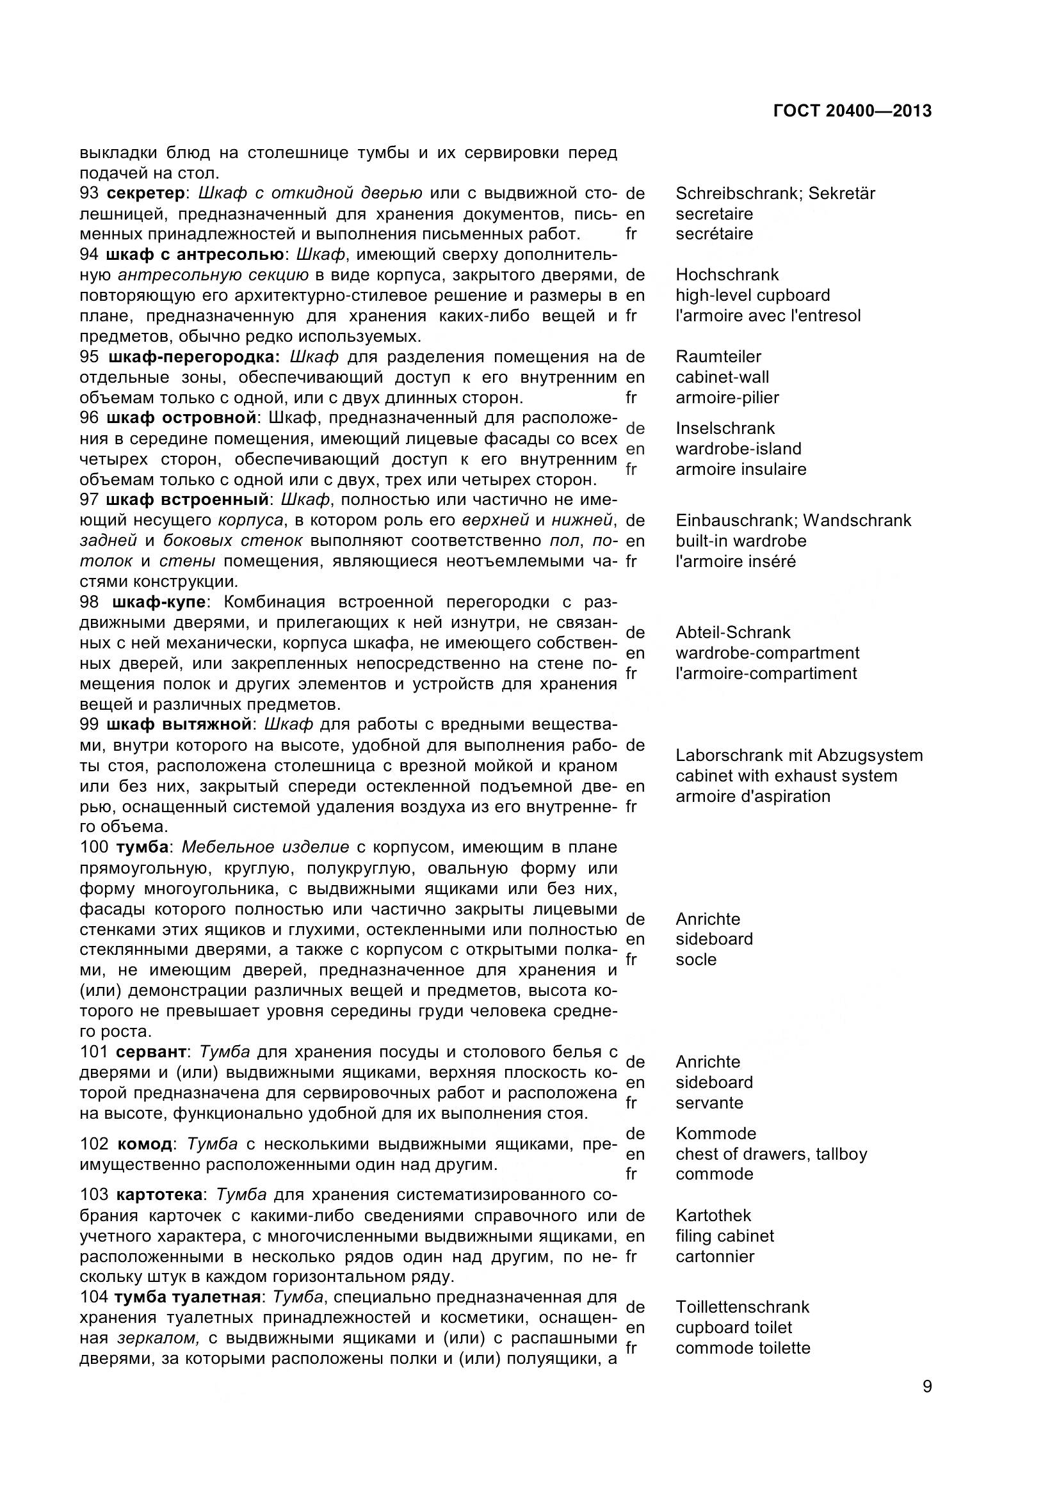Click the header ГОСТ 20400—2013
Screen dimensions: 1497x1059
[x=852, y=111]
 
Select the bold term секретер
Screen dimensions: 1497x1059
[x=145, y=193]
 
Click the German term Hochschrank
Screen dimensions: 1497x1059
[x=727, y=275]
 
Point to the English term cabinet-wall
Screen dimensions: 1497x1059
[x=722, y=377]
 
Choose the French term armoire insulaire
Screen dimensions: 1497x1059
[x=741, y=469]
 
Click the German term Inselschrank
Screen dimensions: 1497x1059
[x=725, y=428]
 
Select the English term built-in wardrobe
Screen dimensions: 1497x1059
[x=741, y=541]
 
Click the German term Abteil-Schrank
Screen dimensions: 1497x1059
[x=733, y=632]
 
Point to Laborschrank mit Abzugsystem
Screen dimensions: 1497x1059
[x=799, y=756]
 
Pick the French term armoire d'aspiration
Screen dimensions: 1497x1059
[x=752, y=796]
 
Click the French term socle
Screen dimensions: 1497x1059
[x=696, y=960]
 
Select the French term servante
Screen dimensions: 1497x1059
[x=709, y=1103]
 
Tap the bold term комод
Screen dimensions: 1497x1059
[x=145, y=1144]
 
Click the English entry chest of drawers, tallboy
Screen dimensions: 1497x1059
[x=772, y=1154]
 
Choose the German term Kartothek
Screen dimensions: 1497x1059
[x=713, y=1215]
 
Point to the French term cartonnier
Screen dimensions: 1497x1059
[x=715, y=1256]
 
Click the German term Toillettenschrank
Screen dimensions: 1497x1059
[x=742, y=1308]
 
